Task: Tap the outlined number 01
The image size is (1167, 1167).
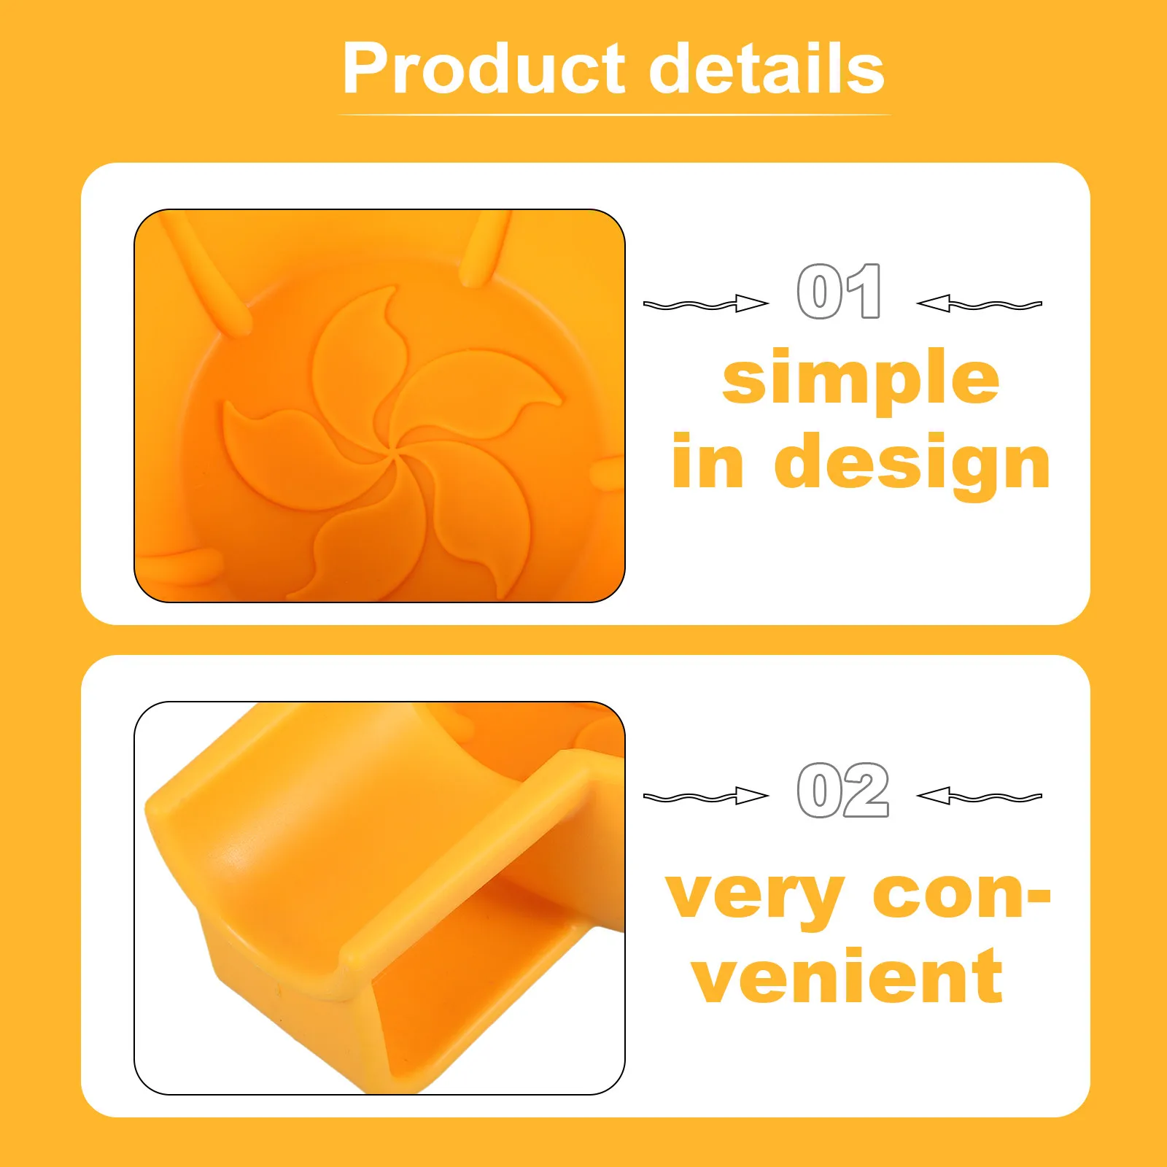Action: [x=840, y=291]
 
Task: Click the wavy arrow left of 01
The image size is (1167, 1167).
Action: [x=706, y=303]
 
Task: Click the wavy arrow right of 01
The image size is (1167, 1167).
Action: [x=979, y=303]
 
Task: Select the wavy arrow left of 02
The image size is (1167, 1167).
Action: [x=706, y=796]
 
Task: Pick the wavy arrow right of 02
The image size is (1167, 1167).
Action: [x=979, y=796]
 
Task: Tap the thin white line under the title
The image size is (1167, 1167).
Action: [x=614, y=115]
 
